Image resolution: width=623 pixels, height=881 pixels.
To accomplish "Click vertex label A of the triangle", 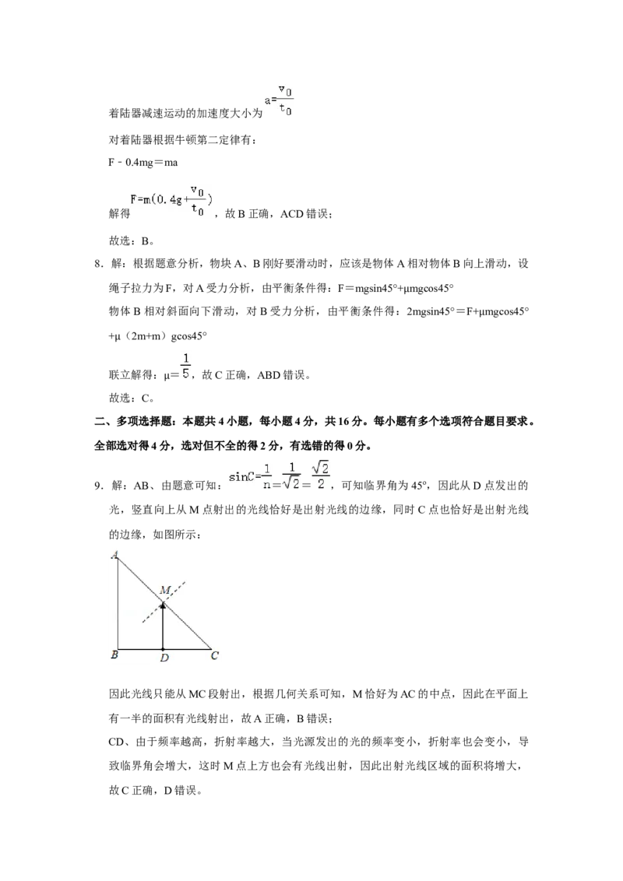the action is tap(114, 555).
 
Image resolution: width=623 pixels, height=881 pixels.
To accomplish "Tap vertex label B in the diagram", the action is tap(114, 654).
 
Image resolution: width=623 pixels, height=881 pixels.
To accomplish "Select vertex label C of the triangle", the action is tap(214, 655).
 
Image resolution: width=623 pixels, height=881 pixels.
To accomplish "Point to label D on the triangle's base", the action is tap(164, 658).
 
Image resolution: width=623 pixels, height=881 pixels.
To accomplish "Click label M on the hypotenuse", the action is tap(165, 590).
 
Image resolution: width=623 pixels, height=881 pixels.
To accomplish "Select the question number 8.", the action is tap(98, 264).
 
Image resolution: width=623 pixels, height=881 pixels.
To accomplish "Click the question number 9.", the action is tap(98, 486).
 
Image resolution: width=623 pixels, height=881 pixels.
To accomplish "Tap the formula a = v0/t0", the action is tap(279, 100).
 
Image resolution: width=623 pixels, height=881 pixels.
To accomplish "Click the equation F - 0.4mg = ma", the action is tap(143, 163).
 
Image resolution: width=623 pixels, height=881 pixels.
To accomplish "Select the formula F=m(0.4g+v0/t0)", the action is tap(171, 202).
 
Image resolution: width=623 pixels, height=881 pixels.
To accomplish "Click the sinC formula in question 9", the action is tap(280, 476).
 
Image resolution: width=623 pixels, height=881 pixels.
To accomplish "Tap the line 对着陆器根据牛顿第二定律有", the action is tap(183, 140).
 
